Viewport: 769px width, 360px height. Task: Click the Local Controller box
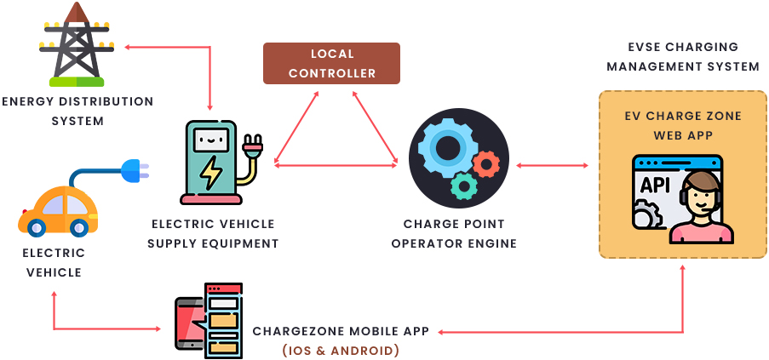point(331,64)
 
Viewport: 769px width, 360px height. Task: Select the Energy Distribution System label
point(77,111)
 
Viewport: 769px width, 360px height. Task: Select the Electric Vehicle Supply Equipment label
point(213,233)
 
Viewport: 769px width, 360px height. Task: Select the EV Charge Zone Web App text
point(679,125)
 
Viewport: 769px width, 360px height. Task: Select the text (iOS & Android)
point(341,350)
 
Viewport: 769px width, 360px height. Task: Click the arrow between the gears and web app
point(553,164)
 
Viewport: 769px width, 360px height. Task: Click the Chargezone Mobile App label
point(341,330)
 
